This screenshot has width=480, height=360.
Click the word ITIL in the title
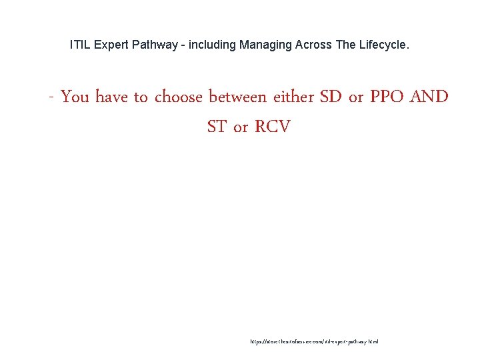79,45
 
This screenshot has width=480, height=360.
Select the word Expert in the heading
106,45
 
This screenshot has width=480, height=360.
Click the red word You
75,97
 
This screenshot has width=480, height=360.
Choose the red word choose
178,97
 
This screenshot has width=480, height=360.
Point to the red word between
238,97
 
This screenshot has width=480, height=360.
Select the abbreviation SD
331,97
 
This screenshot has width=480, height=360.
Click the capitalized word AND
429,97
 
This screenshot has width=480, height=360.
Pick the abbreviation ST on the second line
217,127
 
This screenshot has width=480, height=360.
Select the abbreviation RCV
272,127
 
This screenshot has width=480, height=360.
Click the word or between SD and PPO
356,98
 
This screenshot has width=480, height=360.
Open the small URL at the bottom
314,341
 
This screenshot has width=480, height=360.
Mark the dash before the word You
51,98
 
